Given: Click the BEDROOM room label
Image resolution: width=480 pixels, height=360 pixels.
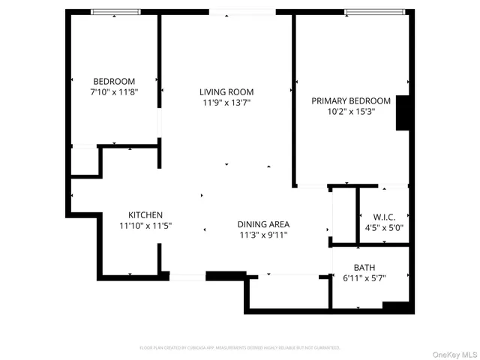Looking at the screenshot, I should tap(113, 81).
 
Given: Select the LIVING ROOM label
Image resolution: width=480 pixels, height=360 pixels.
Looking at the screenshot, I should tap(226, 92).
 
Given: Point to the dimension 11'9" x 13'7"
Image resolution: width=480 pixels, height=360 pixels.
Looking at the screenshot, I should tap(226, 103).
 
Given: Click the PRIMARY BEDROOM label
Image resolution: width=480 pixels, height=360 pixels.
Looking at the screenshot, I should tap(351, 100).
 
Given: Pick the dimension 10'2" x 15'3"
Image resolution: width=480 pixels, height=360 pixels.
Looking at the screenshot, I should tap(351, 111).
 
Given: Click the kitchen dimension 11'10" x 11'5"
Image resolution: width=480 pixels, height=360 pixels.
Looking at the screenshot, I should tap(146, 225).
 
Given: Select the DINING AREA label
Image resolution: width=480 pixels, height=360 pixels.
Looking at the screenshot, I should tap(263, 224).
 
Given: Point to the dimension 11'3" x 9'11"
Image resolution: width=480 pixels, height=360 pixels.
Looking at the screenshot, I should tap(263, 235).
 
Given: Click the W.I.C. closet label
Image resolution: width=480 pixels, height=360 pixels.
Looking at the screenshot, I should tap(384, 216).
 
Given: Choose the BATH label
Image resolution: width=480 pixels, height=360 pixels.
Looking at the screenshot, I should tap(364, 268).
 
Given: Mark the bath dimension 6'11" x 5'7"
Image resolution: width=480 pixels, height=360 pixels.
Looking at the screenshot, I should tap(364, 278).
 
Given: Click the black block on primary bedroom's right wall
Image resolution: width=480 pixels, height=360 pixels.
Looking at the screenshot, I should tap(403, 112).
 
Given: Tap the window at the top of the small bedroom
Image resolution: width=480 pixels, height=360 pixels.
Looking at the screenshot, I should tap(113, 12).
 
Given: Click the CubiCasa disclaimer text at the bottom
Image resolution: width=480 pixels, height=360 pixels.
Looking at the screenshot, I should tap(240, 348).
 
